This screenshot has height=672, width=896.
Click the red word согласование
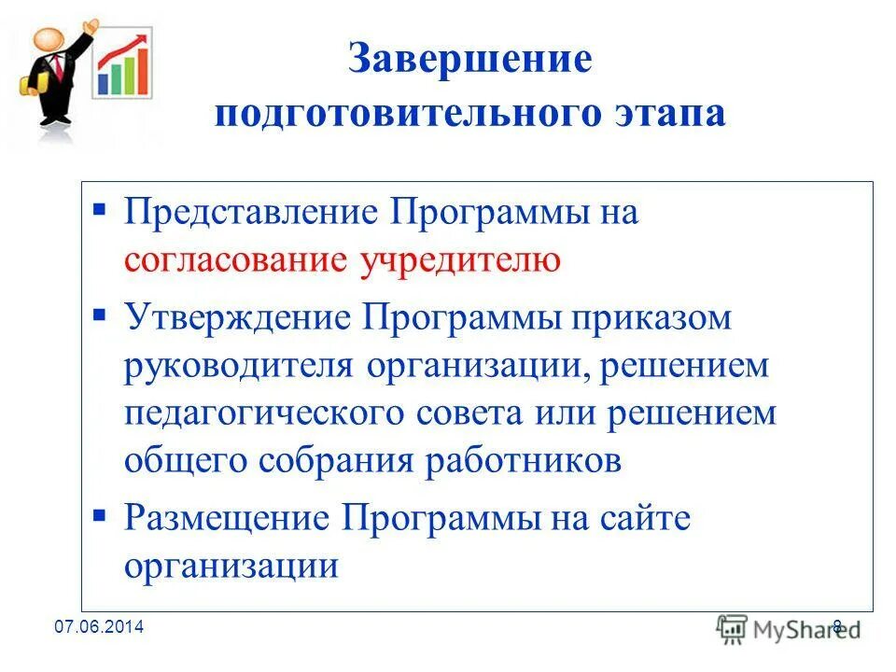click(x=236, y=260)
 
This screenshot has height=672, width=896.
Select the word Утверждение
click(x=237, y=317)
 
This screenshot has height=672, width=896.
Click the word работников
click(x=527, y=461)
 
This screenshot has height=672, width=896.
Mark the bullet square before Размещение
click(x=100, y=513)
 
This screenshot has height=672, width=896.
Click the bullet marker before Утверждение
click(x=100, y=314)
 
